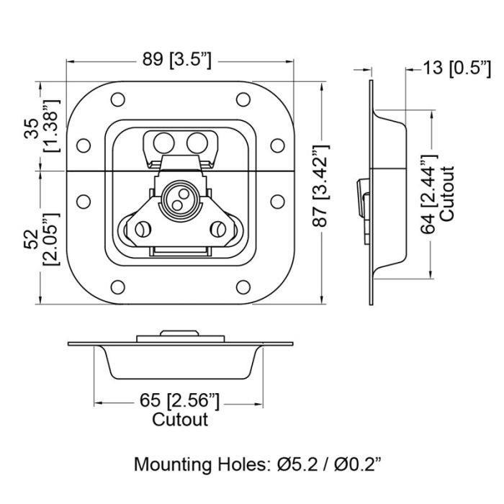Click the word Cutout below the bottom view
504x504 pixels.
180,419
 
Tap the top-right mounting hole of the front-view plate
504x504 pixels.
243,99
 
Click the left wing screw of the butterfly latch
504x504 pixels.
142,230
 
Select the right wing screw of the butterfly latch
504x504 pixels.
217,230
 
